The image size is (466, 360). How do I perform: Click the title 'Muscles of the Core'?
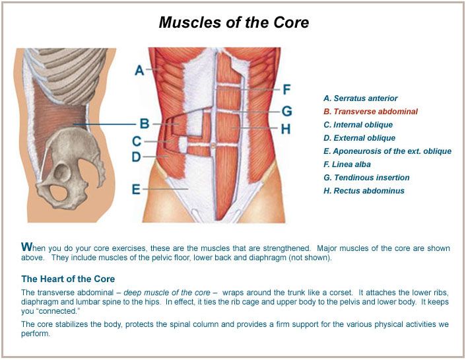(x=234, y=23)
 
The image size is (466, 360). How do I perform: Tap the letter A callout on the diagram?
(x=139, y=70)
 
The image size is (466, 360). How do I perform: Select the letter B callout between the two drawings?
(x=145, y=123)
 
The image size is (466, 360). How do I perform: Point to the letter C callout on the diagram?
(x=136, y=141)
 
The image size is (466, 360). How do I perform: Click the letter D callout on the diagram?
(x=136, y=157)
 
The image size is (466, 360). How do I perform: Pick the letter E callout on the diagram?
(x=136, y=190)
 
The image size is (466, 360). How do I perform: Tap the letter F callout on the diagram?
(x=286, y=89)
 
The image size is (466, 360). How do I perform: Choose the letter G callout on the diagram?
(x=286, y=112)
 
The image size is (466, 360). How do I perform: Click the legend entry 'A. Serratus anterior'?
(x=360, y=98)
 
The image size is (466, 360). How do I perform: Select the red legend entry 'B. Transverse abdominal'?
(x=370, y=112)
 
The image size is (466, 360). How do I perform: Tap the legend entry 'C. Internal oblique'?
(x=358, y=125)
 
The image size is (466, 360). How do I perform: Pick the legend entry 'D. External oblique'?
(x=359, y=138)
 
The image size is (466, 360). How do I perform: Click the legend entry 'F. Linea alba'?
(x=347, y=164)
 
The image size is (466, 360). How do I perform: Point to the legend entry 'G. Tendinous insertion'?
(x=366, y=178)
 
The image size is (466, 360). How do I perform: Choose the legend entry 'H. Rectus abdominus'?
(x=364, y=191)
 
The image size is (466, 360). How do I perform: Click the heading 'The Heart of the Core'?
(x=68, y=279)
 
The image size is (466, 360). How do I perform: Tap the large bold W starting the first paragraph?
(x=26, y=247)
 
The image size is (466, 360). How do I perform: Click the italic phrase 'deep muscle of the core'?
(x=176, y=292)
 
